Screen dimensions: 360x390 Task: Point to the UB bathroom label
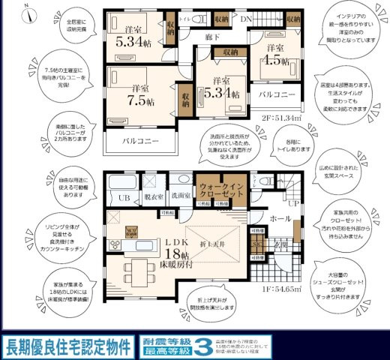(124, 198)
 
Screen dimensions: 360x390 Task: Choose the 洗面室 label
(180, 197)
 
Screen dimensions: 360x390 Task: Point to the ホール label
(280, 219)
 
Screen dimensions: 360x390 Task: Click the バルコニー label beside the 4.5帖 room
(279, 95)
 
